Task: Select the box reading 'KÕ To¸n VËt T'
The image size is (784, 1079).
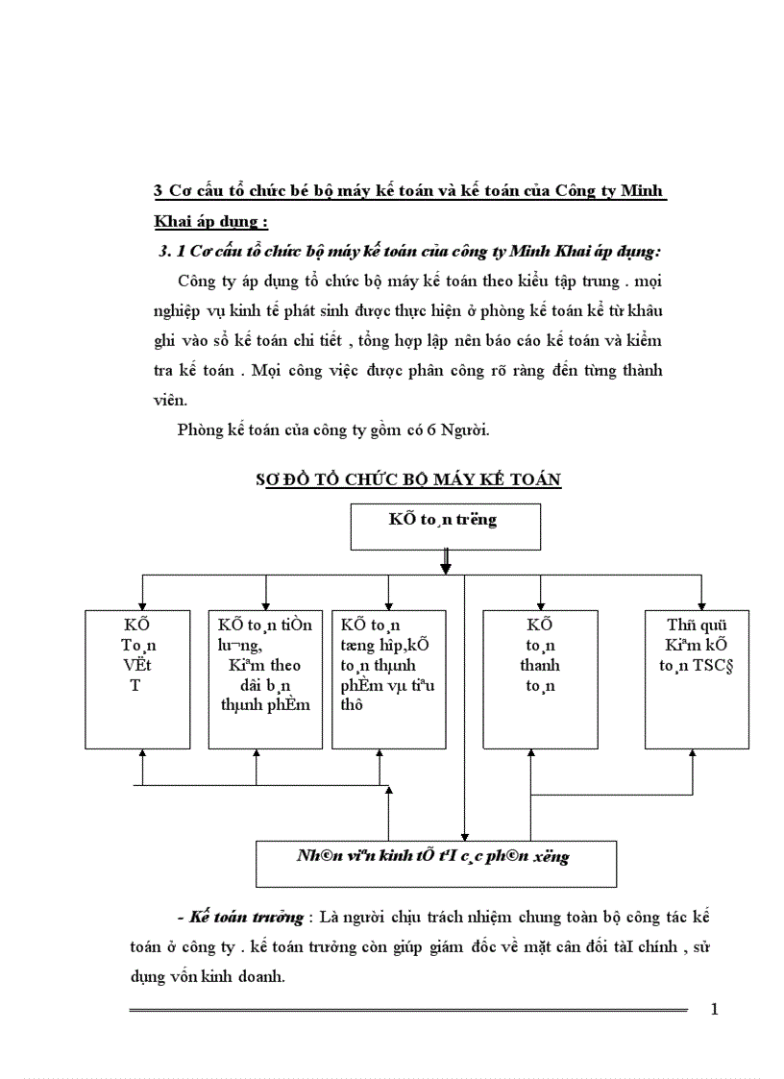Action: pyautogui.click(x=141, y=678)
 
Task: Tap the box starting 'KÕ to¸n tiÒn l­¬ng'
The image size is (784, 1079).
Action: pyautogui.click(x=265, y=678)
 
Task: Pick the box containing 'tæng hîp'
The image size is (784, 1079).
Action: pyautogui.click(x=388, y=678)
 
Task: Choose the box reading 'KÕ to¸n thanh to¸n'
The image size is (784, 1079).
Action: pyautogui.click(x=540, y=678)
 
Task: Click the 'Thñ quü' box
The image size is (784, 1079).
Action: pyautogui.click(x=697, y=678)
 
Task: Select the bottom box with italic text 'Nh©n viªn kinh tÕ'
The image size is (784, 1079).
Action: pyautogui.click(x=435, y=862)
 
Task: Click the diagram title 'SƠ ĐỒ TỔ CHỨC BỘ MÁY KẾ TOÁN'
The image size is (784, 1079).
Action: pyautogui.click(x=408, y=479)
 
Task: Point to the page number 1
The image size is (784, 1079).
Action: pyautogui.click(x=713, y=1009)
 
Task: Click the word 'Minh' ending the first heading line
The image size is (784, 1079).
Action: pyautogui.click(x=642, y=190)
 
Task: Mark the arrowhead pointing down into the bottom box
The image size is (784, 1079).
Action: pyautogui.click(x=464, y=835)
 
